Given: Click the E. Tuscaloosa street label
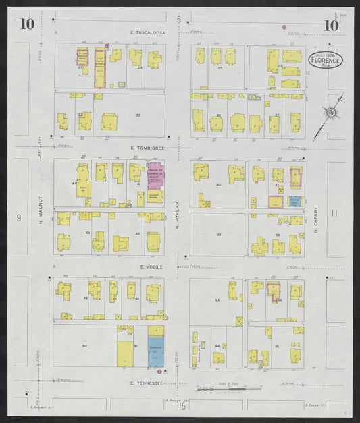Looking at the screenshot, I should click(x=148, y=32).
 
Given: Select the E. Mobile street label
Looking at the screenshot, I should click(x=148, y=266).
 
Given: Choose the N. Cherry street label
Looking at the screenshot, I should click(x=315, y=219).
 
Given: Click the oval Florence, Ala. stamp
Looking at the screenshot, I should click(x=326, y=59).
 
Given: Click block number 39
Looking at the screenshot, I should click(x=218, y=234).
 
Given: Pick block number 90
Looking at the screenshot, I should click(x=85, y=346).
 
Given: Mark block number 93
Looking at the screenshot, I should click(x=217, y=300).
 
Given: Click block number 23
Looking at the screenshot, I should click(x=138, y=115).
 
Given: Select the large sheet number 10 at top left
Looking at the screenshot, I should click(x=28, y=26).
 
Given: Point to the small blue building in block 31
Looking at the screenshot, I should click(x=294, y=200).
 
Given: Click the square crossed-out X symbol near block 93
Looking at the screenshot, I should click(x=237, y=321).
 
